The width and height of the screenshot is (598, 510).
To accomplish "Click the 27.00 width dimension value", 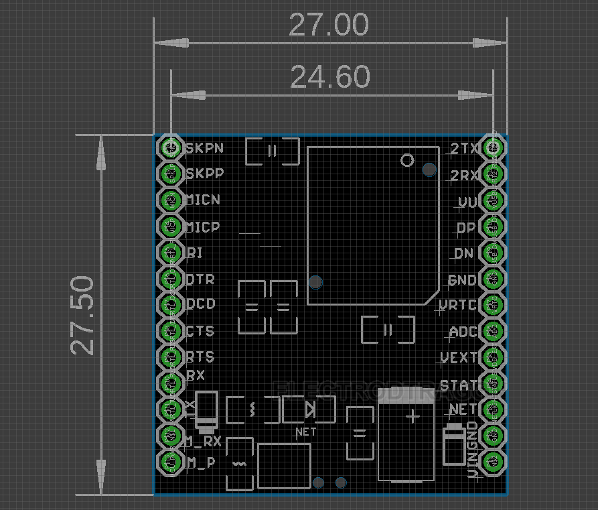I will tap(328, 25).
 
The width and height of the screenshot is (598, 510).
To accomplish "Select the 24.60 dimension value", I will tap(329, 77).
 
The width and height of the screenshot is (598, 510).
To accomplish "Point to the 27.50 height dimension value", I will tap(84, 315).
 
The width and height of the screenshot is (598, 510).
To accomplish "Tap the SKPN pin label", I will tap(204, 147).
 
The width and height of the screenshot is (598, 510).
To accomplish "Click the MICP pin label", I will tap(203, 227).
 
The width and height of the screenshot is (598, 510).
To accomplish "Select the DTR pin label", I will tap(200, 279).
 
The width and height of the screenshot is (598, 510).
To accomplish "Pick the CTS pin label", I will tap(200, 331).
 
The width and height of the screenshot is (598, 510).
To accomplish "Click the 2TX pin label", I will tap(464, 148).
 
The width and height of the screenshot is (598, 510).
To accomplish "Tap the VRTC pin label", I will tap(458, 306).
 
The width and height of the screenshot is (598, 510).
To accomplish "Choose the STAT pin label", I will tap(459, 385).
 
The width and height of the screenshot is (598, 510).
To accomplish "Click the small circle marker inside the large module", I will tap(407, 160).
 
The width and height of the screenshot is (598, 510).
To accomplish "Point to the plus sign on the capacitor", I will tap(413, 417).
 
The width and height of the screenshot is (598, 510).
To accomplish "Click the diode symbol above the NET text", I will tap(309, 408).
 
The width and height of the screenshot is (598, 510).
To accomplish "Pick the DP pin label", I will tap(466, 228).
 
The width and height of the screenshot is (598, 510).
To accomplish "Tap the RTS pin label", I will tap(200, 357).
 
